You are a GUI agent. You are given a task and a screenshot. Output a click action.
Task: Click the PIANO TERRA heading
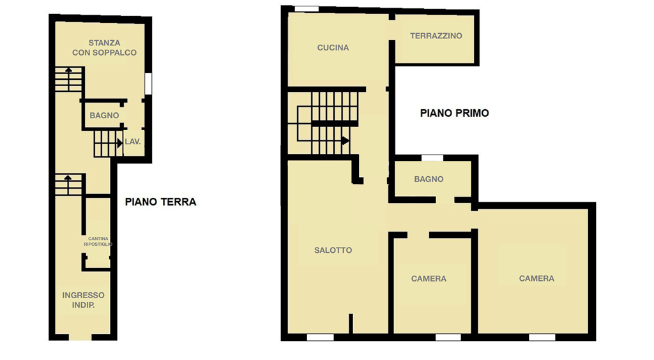[x=160, y=202]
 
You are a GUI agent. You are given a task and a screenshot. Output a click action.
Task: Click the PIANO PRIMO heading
[x=455, y=113]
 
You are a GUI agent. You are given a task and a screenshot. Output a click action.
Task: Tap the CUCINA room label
[x=333, y=47]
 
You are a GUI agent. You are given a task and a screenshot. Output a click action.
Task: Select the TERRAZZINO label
[x=436, y=36]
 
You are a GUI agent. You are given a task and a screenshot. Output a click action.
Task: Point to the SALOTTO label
[x=333, y=250]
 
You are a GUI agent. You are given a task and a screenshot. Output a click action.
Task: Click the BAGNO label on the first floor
[x=429, y=179]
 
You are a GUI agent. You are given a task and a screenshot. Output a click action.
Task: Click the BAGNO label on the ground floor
[x=104, y=116]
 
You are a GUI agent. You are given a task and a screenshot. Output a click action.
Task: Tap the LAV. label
[x=133, y=142]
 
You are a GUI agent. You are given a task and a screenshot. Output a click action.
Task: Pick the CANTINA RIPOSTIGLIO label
[x=98, y=241]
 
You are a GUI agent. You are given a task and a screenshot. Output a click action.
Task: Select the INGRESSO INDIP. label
[x=84, y=300]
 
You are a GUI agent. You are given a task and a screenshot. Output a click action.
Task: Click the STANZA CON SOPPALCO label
[x=104, y=47]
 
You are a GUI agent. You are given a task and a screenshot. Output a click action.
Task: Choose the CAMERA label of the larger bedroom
[x=536, y=278]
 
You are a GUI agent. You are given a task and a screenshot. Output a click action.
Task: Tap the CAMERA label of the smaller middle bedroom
[x=429, y=278]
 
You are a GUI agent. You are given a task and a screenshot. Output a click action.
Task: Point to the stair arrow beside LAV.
[x=119, y=143]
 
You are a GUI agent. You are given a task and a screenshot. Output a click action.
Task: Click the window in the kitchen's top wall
[x=307, y=9]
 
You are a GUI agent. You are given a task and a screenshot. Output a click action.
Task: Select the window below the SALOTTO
[x=321, y=337]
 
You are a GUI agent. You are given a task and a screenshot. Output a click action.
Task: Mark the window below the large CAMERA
[x=542, y=337]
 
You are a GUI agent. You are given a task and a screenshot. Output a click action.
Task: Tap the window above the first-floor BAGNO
[x=432, y=158]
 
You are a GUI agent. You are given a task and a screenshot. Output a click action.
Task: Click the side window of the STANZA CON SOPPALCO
[x=148, y=84]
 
